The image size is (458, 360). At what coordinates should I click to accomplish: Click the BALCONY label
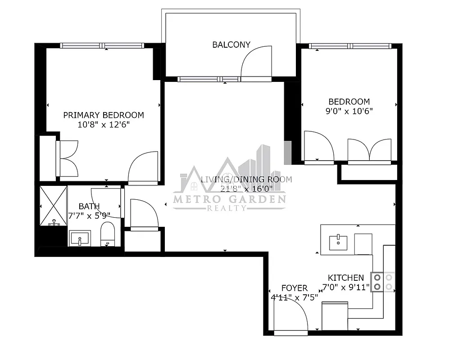231,45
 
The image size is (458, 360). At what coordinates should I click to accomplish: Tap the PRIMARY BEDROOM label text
104,115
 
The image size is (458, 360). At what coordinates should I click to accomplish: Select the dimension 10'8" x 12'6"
104,125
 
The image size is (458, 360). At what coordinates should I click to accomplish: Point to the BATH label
89,206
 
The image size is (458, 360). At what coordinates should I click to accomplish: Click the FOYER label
294,288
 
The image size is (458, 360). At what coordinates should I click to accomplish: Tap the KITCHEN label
345,278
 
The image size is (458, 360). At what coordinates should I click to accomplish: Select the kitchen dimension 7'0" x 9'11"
345,287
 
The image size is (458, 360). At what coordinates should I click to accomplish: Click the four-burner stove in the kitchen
383,282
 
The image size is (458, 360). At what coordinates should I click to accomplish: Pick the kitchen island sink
338,242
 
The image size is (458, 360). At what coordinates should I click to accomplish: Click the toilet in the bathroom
108,236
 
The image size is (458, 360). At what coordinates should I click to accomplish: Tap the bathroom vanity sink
80,238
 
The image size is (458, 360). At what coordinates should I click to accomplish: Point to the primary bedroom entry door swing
143,167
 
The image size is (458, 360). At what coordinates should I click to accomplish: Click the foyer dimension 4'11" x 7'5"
294,297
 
